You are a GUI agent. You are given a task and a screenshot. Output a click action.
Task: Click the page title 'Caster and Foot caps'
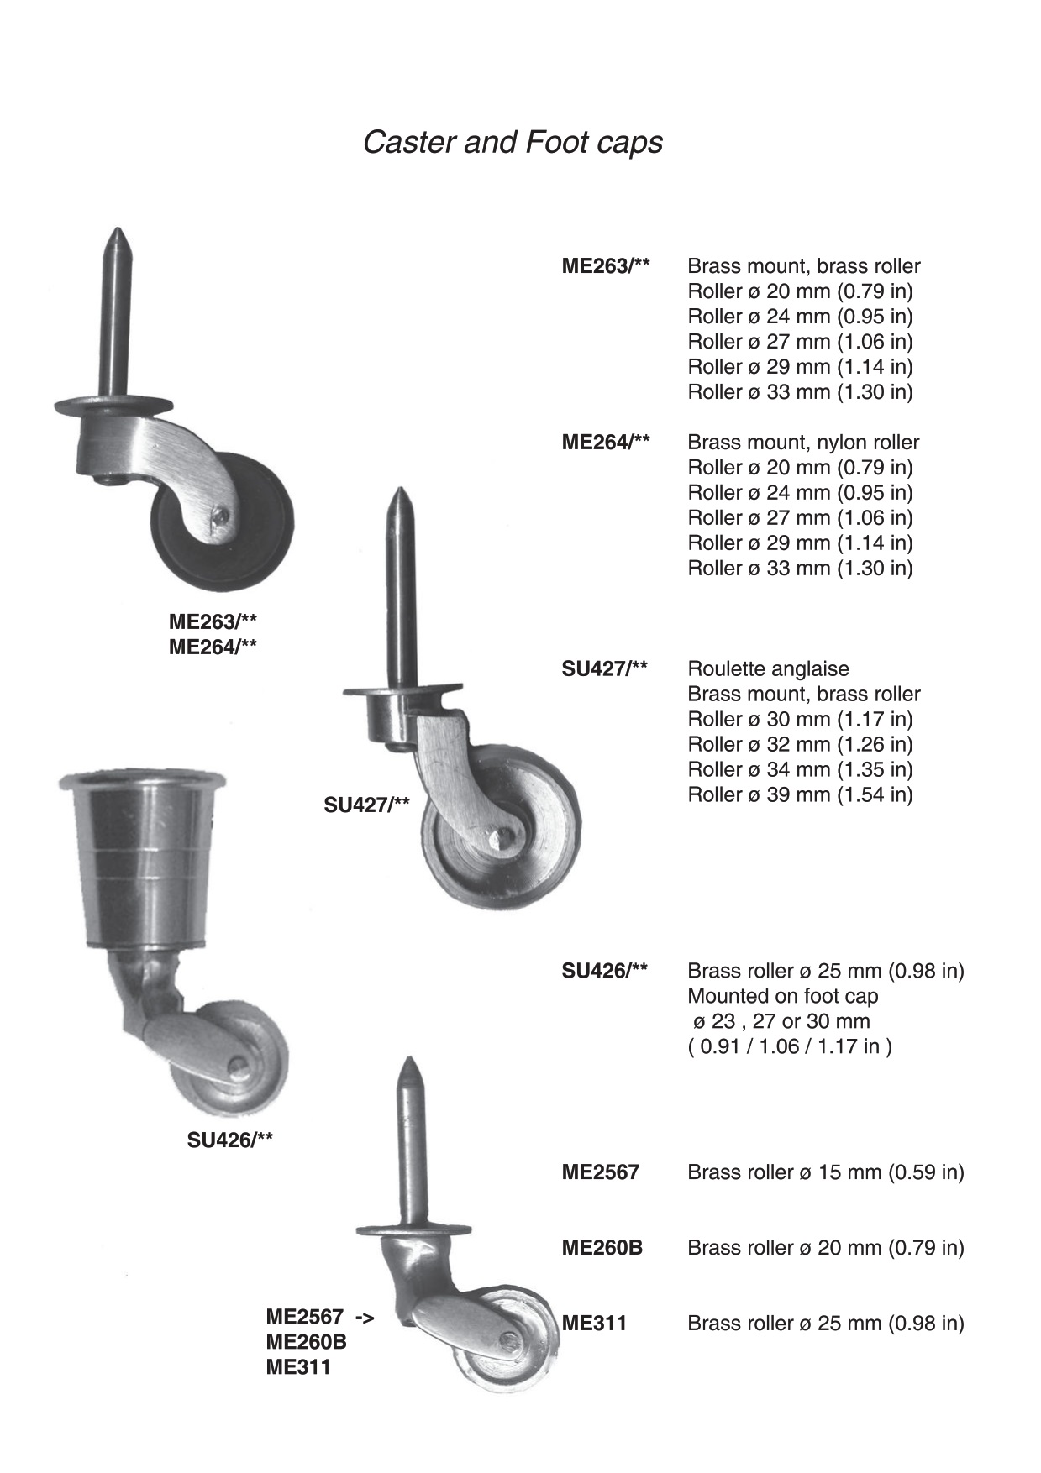(x=513, y=143)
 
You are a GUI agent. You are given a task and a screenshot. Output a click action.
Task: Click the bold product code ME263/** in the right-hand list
(x=606, y=266)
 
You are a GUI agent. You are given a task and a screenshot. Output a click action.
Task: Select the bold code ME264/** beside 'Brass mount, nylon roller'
(x=606, y=443)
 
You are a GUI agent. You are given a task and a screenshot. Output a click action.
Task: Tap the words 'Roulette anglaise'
(x=768, y=669)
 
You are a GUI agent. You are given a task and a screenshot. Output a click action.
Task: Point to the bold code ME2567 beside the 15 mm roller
(x=601, y=1172)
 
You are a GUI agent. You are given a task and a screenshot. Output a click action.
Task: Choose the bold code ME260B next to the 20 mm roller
(x=602, y=1248)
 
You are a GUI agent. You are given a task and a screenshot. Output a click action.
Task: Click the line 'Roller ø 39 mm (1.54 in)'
(x=800, y=794)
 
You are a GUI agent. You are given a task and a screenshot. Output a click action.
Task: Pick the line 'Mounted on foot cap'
(x=783, y=997)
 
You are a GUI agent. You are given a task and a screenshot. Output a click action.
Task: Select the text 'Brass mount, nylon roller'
(x=803, y=443)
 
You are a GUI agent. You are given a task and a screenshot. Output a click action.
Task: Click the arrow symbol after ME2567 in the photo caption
(x=365, y=1317)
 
